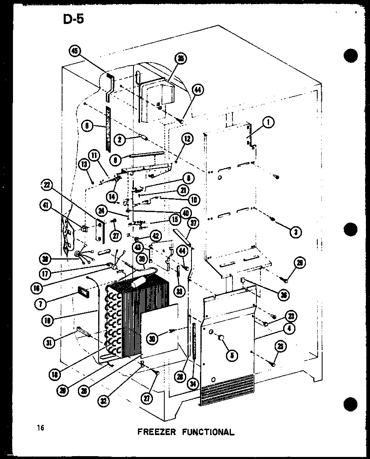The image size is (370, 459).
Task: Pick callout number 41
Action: [45, 206]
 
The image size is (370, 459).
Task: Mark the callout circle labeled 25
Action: [280, 346]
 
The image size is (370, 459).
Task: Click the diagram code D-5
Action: [73, 19]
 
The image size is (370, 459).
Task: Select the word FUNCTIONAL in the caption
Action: [206, 432]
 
